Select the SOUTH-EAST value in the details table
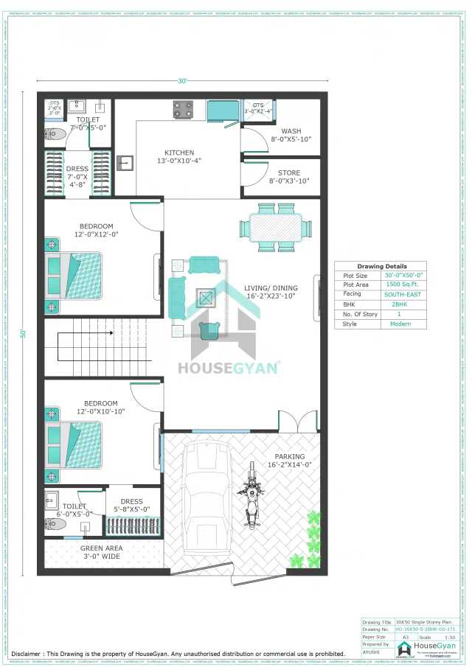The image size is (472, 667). [403, 294]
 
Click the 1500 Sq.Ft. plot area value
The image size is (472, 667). [403, 284]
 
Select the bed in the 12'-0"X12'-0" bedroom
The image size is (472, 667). [74, 275]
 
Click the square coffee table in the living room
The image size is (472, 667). [206, 298]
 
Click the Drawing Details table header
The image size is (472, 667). [381, 266]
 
